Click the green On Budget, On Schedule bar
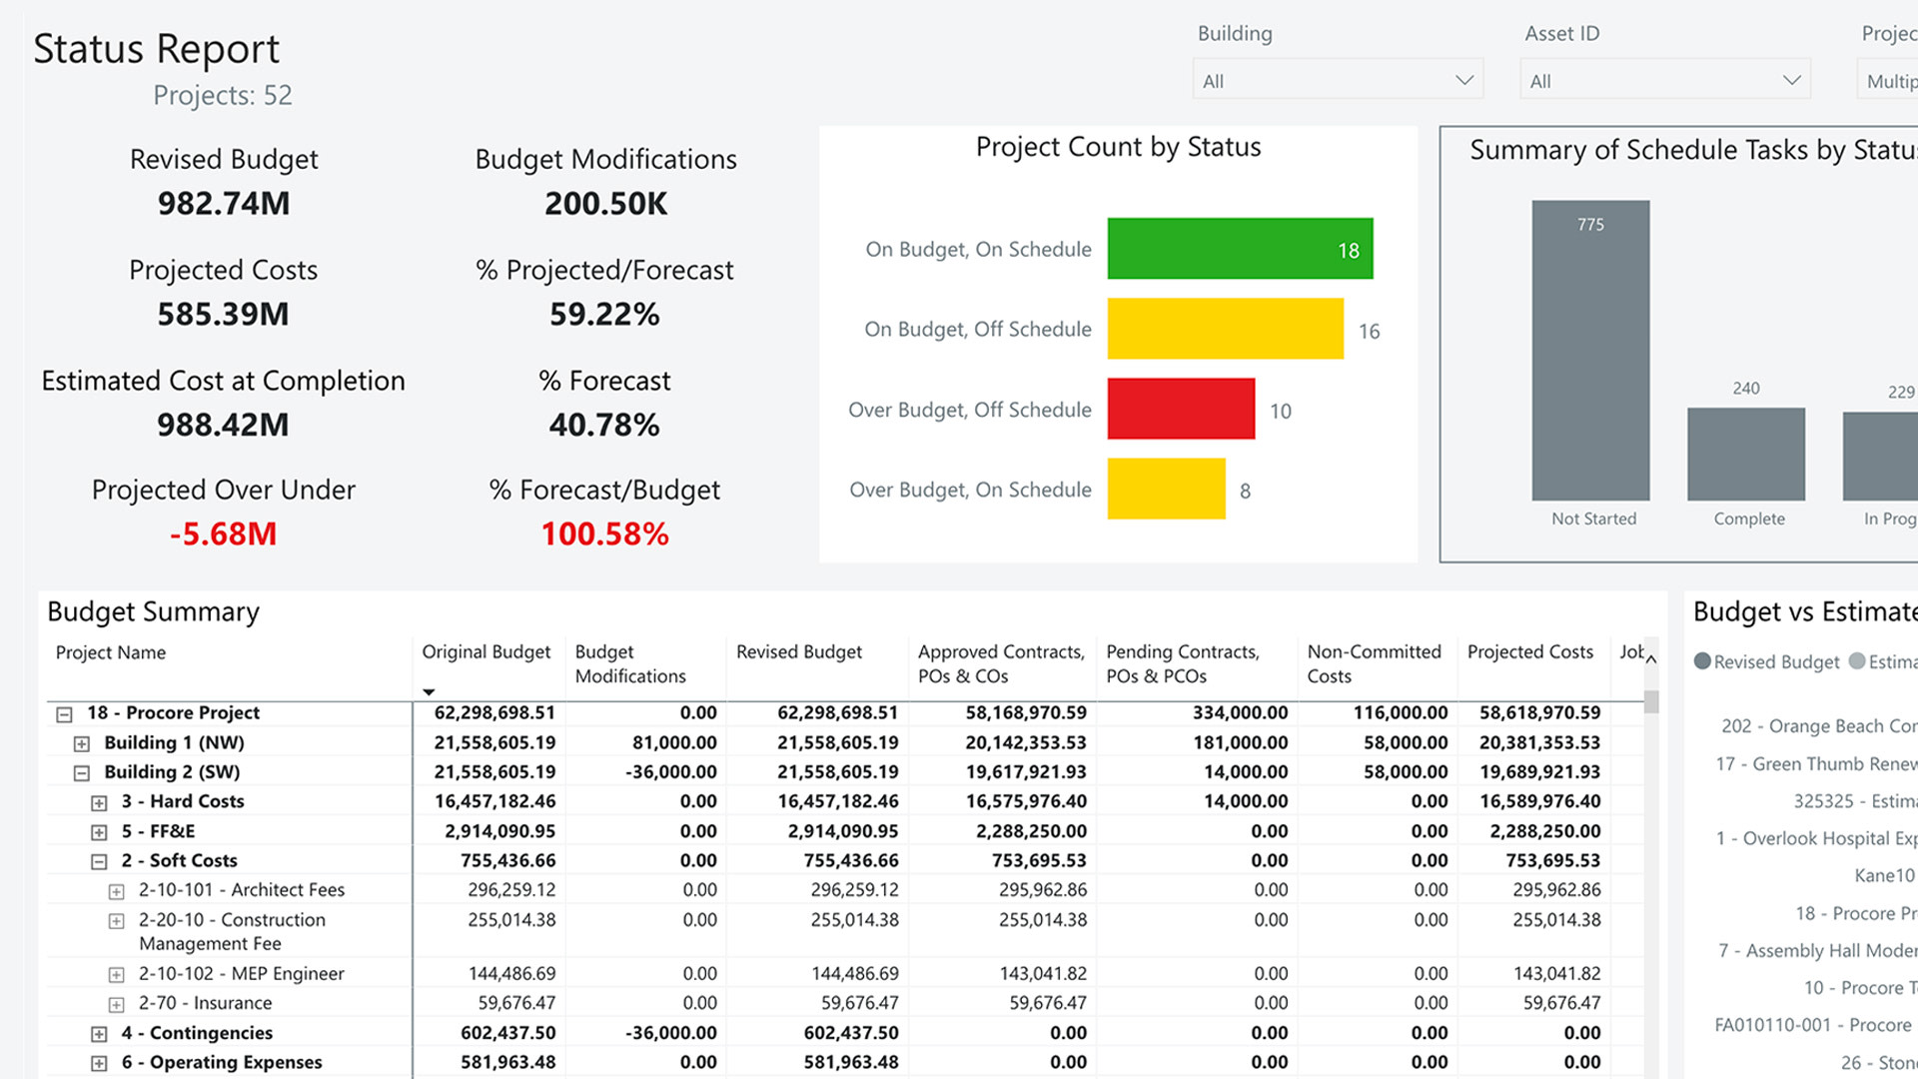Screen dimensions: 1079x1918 pyautogui.click(x=1240, y=249)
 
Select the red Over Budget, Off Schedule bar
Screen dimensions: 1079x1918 pyautogui.click(x=1181, y=409)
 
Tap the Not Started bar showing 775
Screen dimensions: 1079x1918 pyautogui.click(x=1590, y=351)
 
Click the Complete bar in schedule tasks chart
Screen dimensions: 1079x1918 pyautogui.click(x=1745, y=454)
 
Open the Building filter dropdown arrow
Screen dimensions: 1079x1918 pyautogui.click(x=1463, y=80)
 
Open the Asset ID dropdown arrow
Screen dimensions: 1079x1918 pyautogui.click(x=1791, y=80)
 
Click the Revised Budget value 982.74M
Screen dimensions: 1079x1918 pyautogui.click(x=224, y=204)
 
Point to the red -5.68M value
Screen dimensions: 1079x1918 pyautogui.click(x=224, y=535)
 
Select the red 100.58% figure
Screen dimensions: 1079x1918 pyautogui.click(x=604, y=535)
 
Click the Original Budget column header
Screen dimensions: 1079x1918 pyautogui.click(x=485, y=652)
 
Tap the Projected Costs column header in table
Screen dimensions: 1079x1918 pyautogui.click(x=1529, y=652)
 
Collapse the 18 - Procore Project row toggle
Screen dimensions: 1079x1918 pyautogui.click(x=65, y=714)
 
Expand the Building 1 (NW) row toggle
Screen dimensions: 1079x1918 pyautogui.click(x=82, y=744)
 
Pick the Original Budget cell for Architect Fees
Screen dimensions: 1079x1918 pyautogui.click(x=510, y=890)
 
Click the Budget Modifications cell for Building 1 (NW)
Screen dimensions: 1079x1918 pyautogui.click(x=673, y=743)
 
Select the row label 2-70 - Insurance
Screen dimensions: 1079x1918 pyautogui.click(x=205, y=1003)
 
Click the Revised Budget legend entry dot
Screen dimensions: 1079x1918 pyautogui.click(x=1702, y=661)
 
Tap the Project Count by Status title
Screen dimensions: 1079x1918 pyautogui.click(x=1118, y=148)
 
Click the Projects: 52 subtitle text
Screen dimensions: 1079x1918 pyautogui.click(x=222, y=96)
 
